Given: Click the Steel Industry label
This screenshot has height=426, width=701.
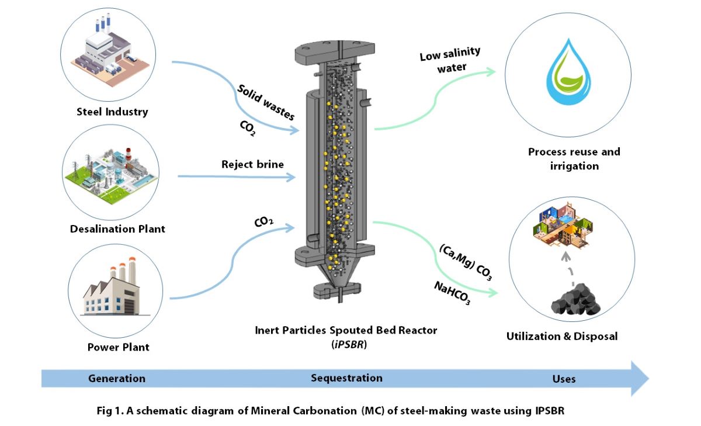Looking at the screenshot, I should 113,112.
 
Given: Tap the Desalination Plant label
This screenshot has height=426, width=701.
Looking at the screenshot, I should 117,229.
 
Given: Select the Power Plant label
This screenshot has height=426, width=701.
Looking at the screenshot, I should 118,347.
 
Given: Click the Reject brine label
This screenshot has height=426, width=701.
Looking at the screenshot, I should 252,164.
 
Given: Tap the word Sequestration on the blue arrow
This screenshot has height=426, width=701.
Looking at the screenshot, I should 346,378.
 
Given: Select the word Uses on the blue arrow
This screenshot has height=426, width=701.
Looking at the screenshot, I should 564,379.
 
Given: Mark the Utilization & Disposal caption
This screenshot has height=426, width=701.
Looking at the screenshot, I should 561,337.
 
